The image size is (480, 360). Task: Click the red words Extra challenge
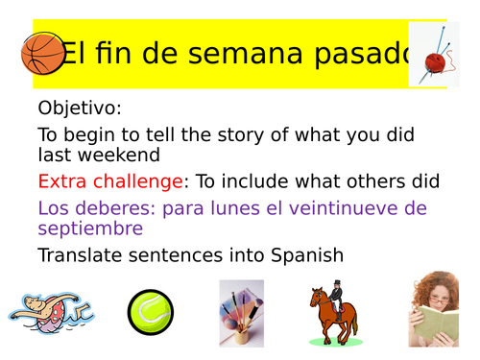click(110, 180)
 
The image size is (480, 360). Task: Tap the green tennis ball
click(151, 312)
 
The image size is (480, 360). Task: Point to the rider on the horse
click(338, 292)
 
